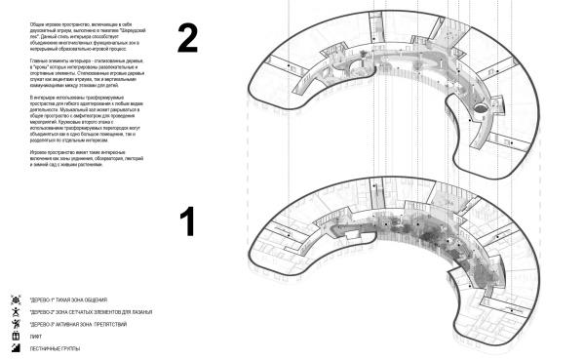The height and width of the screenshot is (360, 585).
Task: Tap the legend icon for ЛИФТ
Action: [x=15, y=334]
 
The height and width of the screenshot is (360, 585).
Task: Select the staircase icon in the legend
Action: [x=15, y=347]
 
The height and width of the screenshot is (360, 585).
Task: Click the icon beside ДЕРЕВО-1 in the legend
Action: [x=15, y=296]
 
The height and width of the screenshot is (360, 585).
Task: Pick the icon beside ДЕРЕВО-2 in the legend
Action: [x=15, y=308]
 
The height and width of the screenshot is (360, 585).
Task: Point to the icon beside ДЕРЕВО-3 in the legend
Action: [x=15, y=321]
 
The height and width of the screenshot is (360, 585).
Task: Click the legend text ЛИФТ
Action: [x=36, y=334]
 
